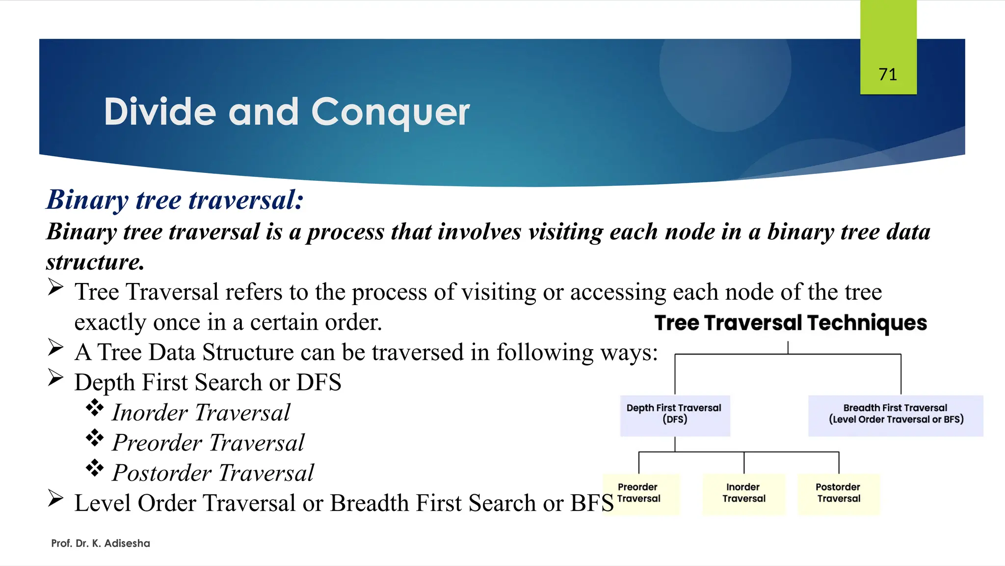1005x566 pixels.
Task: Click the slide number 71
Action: [x=888, y=75]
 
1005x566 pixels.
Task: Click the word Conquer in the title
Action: [x=390, y=113]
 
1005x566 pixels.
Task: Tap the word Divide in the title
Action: [x=160, y=112]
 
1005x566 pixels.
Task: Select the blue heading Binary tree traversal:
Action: [x=175, y=200]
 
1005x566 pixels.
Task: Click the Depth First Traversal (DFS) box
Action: [x=675, y=415]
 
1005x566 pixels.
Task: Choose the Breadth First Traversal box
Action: [x=896, y=415]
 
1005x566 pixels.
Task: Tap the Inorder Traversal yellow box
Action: [x=743, y=493]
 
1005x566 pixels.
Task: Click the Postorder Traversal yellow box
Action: [x=839, y=493]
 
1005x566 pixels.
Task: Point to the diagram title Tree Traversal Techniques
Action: [x=791, y=323]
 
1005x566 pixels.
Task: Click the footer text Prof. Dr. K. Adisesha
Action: [x=101, y=543]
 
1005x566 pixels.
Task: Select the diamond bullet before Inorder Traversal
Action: [x=95, y=408]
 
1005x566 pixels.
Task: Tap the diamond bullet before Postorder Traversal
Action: [x=95, y=468]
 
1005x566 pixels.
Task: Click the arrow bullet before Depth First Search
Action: [x=56, y=378]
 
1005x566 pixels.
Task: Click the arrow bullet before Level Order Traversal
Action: [x=56, y=498]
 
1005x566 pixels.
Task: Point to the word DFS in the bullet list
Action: [x=318, y=382]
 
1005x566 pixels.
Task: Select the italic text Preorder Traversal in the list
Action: [x=209, y=443]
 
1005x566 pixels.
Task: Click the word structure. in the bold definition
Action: [x=96, y=262]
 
